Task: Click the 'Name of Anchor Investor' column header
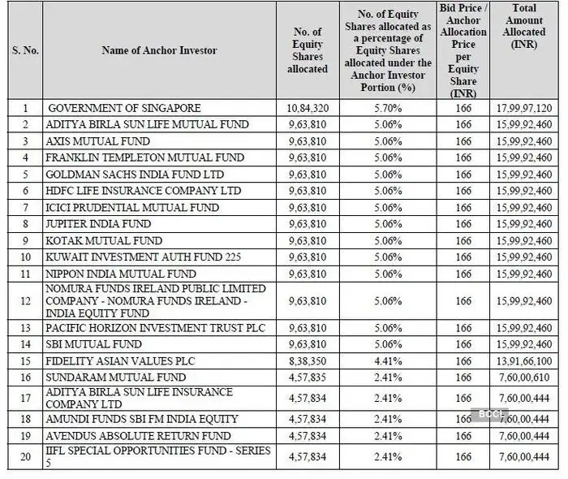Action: click(x=159, y=50)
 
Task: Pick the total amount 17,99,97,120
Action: click(x=523, y=108)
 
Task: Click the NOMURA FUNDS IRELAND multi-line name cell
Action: click(x=154, y=301)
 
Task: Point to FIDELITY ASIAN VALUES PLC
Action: click(x=121, y=360)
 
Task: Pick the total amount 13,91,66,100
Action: click(x=523, y=360)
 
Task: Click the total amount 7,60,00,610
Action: click(x=523, y=378)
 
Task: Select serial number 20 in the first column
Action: click(x=25, y=457)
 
